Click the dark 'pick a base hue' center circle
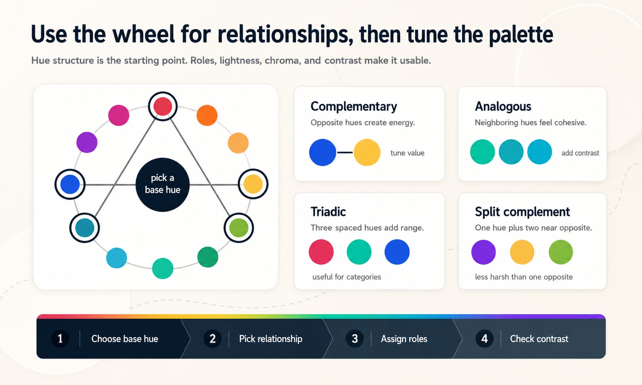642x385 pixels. (x=163, y=185)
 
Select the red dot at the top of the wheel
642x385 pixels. (x=163, y=106)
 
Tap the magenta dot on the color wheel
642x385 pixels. (x=119, y=115)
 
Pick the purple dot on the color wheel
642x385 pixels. (x=87, y=142)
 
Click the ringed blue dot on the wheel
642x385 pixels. (x=70, y=184)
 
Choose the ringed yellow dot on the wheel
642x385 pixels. (x=253, y=184)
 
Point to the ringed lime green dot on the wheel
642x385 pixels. (x=239, y=228)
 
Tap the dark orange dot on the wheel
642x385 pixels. (x=207, y=115)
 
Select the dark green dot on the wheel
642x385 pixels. (x=208, y=257)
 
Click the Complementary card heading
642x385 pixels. (x=354, y=106)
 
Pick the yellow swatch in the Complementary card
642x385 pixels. (x=367, y=153)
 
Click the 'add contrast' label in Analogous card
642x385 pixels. (x=580, y=153)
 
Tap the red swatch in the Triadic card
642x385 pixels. (x=321, y=252)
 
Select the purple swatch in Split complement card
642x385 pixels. (x=483, y=252)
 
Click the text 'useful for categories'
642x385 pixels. (x=347, y=277)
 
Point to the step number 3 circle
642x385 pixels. (x=355, y=339)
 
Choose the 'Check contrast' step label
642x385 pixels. (x=539, y=339)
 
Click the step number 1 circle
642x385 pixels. (x=60, y=339)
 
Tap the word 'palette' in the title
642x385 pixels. (x=521, y=34)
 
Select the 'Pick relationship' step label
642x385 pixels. (x=270, y=339)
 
